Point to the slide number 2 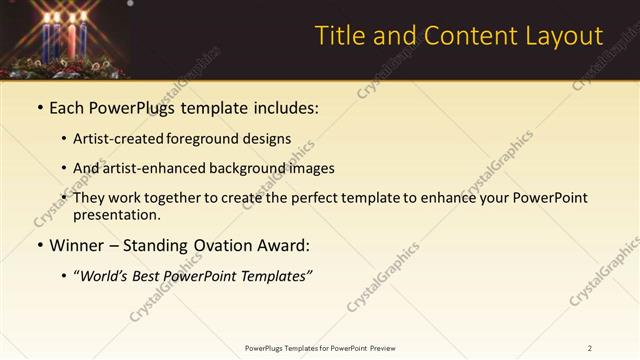(590, 347)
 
